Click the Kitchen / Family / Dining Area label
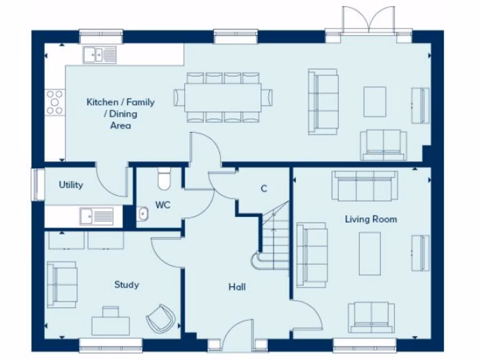click(x=120, y=113)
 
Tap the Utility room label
click(x=71, y=185)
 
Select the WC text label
click(x=163, y=205)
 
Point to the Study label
click(x=126, y=285)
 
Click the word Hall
click(x=237, y=287)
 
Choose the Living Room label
click(x=371, y=219)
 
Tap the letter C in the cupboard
click(x=264, y=188)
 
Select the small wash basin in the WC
click(x=142, y=214)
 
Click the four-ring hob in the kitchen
click(x=54, y=102)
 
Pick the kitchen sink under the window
click(x=100, y=54)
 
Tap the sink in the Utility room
click(x=96, y=216)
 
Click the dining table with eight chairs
click(x=223, y=97)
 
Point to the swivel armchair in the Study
click(x=160, y=319)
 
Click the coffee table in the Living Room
click(x=370, y=254)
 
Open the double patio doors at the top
click(x=368, y=21)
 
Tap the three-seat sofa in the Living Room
click(x=365, y=186)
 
